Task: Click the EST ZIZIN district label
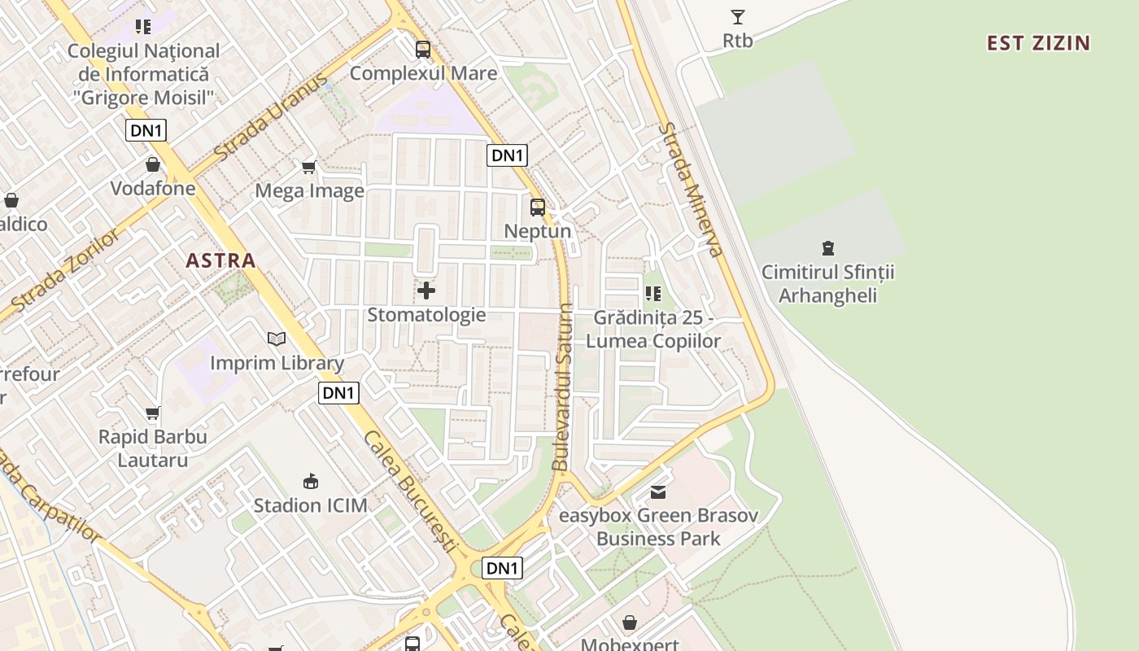click(1038, 43)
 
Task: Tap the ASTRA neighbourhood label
click(220, 260)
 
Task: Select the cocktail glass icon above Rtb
click(737, 16)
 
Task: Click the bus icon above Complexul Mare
click(422, 49)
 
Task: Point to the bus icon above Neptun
click(537, 207)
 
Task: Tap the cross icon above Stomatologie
click(425, 290)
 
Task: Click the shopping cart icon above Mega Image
click(308, 167)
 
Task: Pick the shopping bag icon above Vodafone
click(152, 165)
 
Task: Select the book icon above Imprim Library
click(277, 339)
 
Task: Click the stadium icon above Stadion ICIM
click(310, 481)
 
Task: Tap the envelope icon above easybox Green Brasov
click(657, 492)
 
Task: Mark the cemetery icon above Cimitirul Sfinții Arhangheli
click(827, 247)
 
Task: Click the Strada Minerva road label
click(691, 189)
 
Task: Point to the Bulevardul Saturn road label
click(562, 387)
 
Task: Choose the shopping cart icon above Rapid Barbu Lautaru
click(152, 413)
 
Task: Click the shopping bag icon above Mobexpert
click(629, 623)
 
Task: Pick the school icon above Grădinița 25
click(652, 293)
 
